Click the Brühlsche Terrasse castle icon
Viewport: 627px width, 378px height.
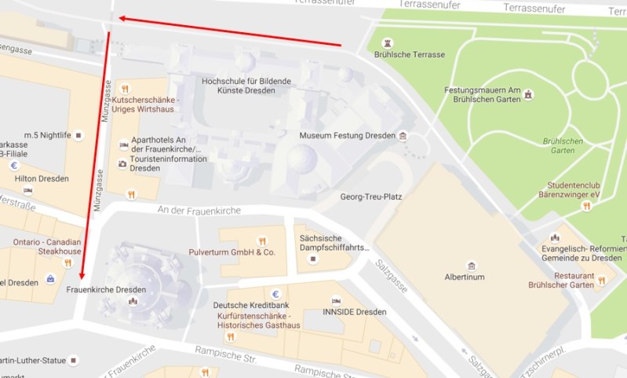pos(385,42)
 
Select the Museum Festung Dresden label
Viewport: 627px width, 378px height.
pos(347,136)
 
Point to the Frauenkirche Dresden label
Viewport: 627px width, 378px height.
pos(106,290)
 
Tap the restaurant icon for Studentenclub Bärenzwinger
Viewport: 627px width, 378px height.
pos(585,205)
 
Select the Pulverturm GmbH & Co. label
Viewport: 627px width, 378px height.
pos(233,253)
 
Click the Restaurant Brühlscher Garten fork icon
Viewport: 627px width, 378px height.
pos(600,279)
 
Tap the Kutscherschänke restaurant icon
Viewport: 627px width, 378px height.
pos(124,88)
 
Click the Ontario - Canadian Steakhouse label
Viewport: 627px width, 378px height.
pos(47,246)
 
